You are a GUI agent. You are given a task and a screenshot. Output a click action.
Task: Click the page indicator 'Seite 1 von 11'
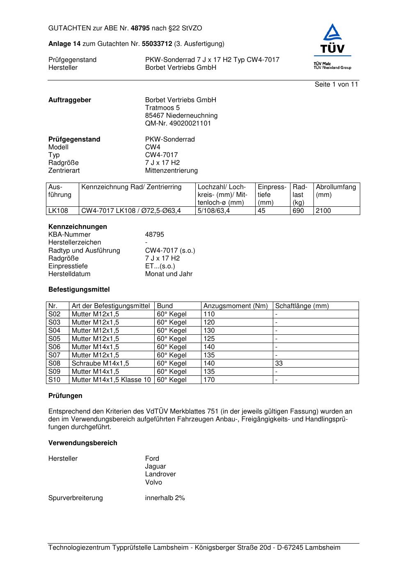coord(336,85)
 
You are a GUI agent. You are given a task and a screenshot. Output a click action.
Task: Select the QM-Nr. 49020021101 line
coord(178,123)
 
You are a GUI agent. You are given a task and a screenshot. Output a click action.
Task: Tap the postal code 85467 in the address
coord(154,116)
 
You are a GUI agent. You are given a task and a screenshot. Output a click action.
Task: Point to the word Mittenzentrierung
coord(171,171)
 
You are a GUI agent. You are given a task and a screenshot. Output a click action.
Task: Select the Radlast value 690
coord(298,211)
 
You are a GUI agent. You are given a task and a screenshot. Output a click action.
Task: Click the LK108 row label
coord(58,211)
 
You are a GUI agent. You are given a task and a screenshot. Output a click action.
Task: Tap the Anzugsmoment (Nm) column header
coord(236,306)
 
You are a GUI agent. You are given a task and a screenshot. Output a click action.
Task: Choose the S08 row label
coord(55,363)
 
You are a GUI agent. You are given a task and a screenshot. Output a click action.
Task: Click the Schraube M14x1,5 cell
coord(100,363)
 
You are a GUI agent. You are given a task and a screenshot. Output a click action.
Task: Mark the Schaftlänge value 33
coord(279,363)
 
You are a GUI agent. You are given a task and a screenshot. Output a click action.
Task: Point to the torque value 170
coord(209,380)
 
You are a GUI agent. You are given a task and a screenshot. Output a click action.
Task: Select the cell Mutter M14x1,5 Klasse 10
coord(111,380)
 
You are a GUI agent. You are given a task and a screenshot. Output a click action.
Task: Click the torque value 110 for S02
coord(209,314)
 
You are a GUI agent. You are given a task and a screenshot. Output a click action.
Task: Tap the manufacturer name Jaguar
coord(155,466)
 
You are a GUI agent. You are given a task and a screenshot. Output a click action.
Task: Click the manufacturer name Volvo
coord(153,482)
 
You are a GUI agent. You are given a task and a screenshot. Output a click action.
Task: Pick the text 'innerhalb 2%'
coord(165,498)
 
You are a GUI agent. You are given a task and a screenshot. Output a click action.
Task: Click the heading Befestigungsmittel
coord(79,290)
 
